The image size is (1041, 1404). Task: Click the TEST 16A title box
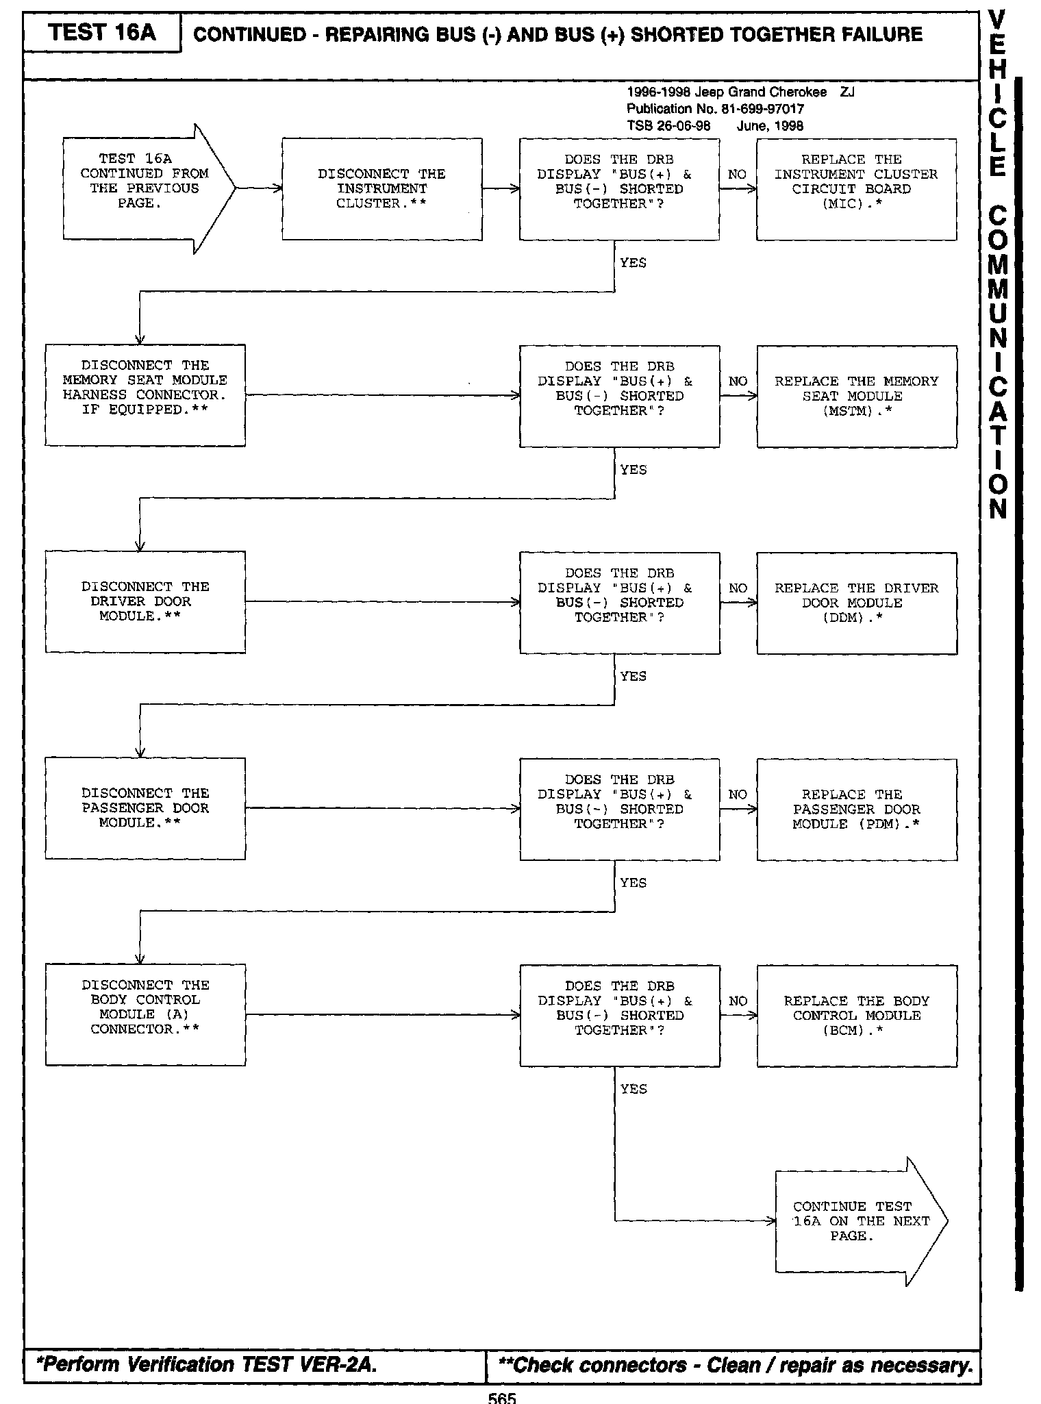[x=102, y=33]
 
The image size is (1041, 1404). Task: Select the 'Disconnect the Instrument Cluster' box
[x=381, y=189]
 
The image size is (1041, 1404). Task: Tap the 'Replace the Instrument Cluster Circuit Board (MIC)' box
[x=856, y=189]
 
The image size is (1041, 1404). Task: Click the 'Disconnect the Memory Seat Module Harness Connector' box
[x=145, y=395]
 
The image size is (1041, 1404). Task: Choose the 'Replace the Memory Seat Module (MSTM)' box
[x=856, y=397]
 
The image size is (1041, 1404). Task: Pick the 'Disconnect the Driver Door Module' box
[x=145, y=602]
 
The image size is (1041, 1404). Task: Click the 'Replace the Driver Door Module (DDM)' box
[x=856, y=603]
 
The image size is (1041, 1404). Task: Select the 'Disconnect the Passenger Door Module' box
[x=145, y=808]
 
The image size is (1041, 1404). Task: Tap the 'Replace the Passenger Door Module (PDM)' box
[x=856, y=810]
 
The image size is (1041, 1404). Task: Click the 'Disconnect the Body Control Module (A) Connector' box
[x=145, y=1014]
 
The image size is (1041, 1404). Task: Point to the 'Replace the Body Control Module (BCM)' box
[x=856, y=1016]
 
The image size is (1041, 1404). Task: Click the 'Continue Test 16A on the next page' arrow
[x=860, y=1221]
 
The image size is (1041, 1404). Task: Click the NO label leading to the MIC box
[x=737, y=175]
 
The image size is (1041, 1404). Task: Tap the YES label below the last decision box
[x=633, y=1089]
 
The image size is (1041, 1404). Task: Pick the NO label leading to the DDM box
[x=738, y=588]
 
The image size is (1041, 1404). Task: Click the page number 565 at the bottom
[x=501, y=1398]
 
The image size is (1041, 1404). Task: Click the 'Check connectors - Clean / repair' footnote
[x=736, y=1366]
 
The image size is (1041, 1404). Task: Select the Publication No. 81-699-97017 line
[x=715, y=109]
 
